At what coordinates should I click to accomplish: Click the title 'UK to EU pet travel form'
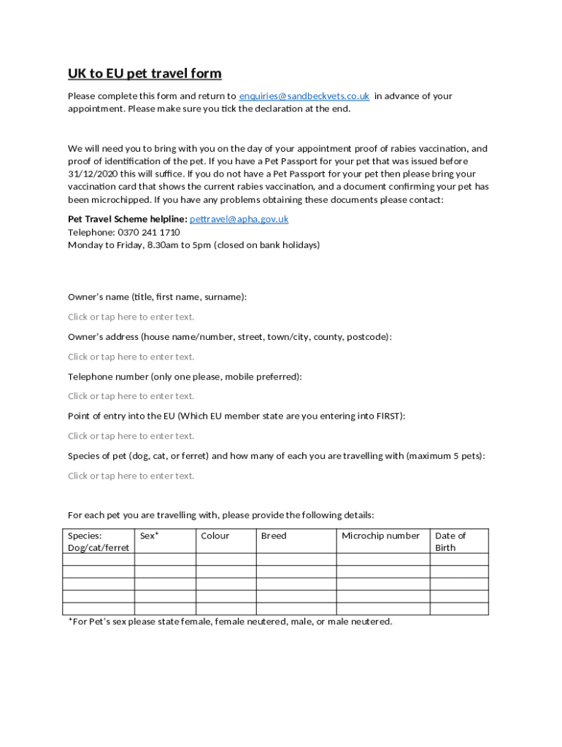145,74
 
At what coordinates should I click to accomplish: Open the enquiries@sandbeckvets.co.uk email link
304,96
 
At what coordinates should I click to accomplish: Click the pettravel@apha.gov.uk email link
239,219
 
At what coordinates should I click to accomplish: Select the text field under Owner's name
131,317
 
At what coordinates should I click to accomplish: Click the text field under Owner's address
131,357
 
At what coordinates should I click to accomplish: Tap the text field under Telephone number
131,396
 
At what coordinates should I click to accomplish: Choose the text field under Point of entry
131,436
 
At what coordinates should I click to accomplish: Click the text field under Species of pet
131,476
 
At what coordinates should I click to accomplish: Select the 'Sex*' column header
150,535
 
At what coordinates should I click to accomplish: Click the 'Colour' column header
215,535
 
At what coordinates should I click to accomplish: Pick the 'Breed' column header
274,535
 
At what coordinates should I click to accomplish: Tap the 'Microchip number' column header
381,535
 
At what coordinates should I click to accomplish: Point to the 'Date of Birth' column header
450,541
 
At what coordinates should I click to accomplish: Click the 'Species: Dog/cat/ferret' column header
98,541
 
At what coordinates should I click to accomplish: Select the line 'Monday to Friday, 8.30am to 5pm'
193,245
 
